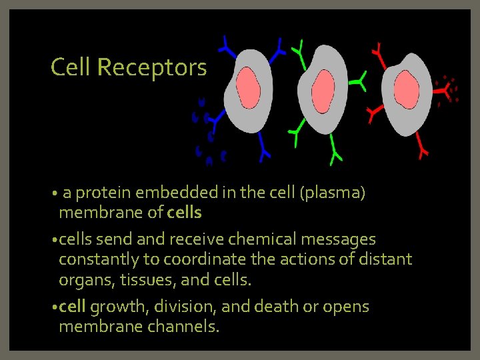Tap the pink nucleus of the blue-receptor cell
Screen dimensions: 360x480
[249, 89]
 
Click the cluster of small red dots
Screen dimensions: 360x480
[447, 91]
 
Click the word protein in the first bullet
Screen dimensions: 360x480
[106, 193]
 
